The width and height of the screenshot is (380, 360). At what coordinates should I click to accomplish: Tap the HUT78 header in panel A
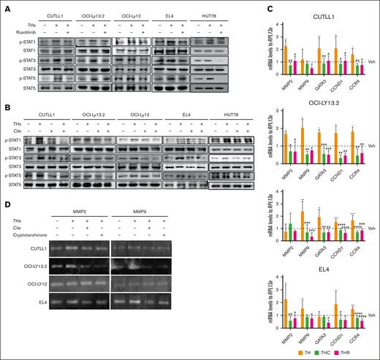tap(207, 15)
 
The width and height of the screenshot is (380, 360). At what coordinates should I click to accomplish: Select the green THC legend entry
tap(315, 353)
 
